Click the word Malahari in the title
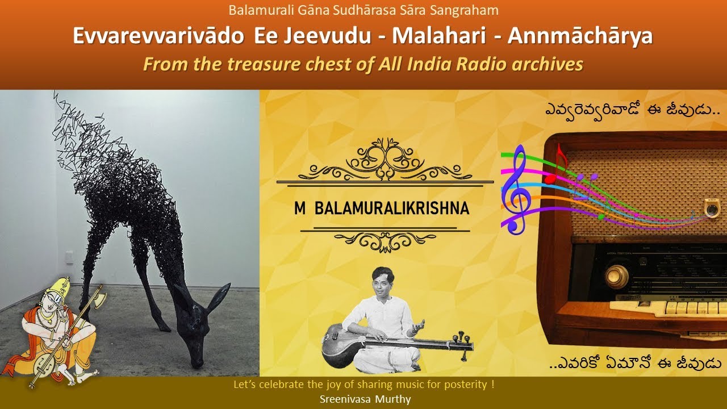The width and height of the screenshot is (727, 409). click(x=439, y=36)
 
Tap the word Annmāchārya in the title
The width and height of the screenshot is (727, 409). click(x=580, y=36)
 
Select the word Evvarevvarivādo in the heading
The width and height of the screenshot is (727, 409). click(x=158, y=36)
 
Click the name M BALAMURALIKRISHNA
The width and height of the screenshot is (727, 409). click(x=382, y=208)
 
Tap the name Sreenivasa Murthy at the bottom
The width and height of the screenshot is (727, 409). click(x=365, y=399)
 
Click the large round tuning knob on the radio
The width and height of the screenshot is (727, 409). click(x=616, y=277)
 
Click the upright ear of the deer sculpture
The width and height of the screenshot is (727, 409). click(x=219, y=297)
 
